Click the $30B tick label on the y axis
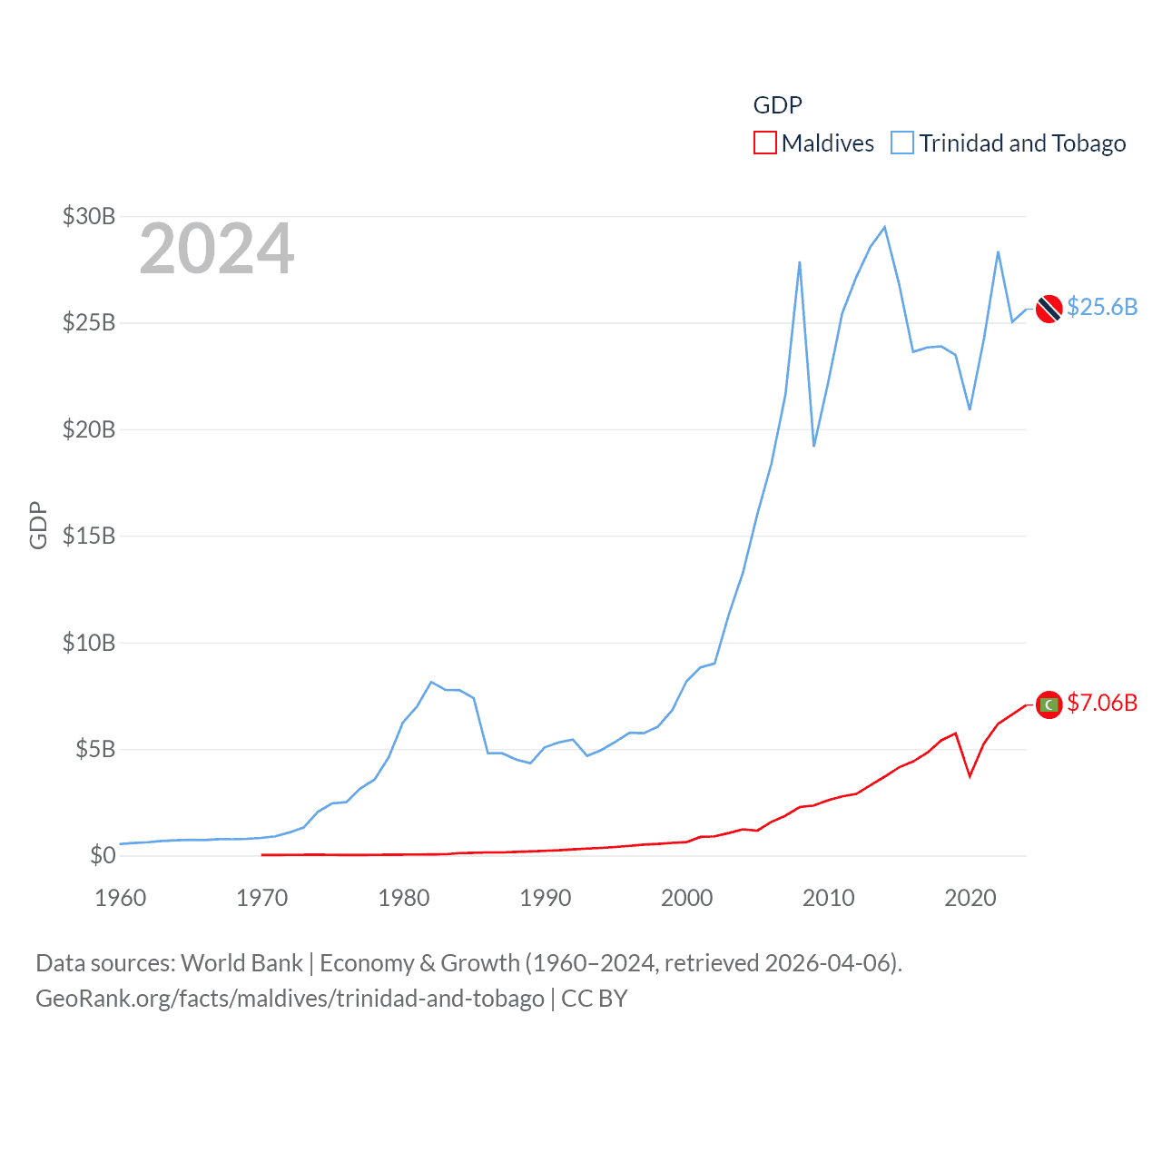[x=89, y=216]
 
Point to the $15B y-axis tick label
[x=89, y=536]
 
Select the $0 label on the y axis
[x=103, y=855]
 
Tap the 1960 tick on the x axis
[x=121, y=898]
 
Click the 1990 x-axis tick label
[x=546, y=898]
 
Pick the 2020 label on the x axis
[x=970, y=898]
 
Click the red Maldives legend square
[x=765, y=143]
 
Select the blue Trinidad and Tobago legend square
[x=902, y=143]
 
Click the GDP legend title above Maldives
[x=778, y=105]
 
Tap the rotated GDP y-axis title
[x=38, y=525]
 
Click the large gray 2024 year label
[x=217, y=249]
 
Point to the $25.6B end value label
[x=1102, y=307]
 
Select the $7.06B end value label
[x=1102, y=703]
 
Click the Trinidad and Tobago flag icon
[x=1049, y=309]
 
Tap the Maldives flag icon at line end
[x=1049, y=704]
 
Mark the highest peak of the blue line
[x=885, y=227]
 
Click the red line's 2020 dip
[x=970, y=776]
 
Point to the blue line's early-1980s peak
[x=431, y=682]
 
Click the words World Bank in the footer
[x=242, y=962]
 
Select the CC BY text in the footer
[x=595, y=999]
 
